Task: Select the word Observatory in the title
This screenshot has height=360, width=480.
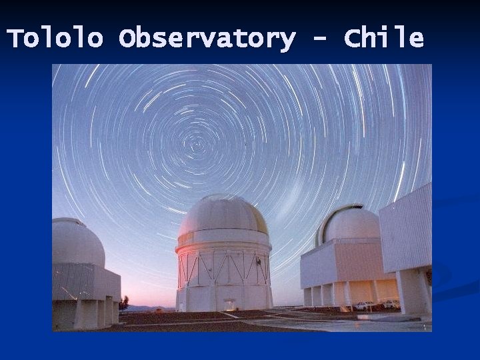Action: (207, 39)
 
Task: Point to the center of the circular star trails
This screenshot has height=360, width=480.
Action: (198, 143)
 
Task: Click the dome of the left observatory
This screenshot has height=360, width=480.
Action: (77, 241)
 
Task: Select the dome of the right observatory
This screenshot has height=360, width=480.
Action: (351, 224)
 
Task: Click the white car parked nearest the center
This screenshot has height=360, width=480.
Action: (364, 305)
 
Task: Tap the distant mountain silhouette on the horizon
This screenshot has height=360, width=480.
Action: (143, 308)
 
